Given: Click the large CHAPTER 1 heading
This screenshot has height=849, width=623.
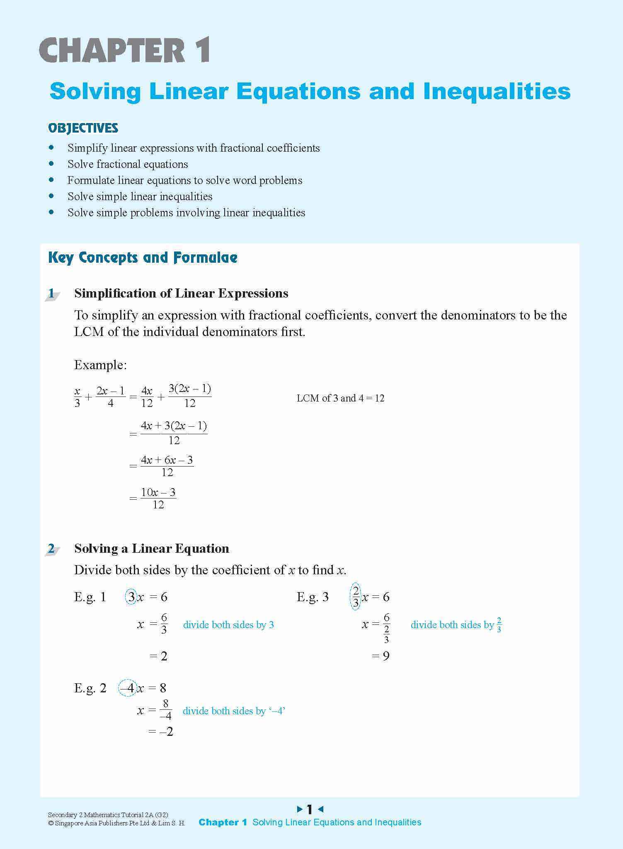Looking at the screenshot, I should pos(125,51).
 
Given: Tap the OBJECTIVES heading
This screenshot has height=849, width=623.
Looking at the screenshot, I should pos(83,128).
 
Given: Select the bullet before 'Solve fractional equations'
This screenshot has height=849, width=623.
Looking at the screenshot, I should pos(51,164).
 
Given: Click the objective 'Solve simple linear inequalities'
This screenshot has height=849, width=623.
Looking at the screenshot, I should pos(140,196).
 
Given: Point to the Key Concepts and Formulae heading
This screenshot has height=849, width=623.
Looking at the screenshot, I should pos(143,257).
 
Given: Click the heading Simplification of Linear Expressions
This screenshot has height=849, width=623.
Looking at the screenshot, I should pos(181,293).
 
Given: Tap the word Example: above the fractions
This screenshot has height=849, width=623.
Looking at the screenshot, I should pos(100,365).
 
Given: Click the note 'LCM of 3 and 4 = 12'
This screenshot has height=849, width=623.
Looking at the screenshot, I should pos(340,398).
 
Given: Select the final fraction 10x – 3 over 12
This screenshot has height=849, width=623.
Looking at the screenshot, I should pos(158,498).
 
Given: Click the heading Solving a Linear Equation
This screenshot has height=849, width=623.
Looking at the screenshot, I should pos(151,549).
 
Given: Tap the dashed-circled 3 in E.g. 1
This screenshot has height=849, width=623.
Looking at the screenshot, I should pos(131,597).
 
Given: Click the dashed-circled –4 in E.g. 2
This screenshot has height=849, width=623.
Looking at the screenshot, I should pos(128,688).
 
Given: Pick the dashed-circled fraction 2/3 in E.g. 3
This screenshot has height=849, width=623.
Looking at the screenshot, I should pos(356,597).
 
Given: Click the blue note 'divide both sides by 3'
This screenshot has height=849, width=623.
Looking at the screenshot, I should pos(228,625).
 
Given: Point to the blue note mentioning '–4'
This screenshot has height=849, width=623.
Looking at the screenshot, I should pos(234,711).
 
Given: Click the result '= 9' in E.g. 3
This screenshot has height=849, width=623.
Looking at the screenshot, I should pos(381,656).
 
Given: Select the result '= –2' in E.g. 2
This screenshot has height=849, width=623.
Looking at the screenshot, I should pos(161,732).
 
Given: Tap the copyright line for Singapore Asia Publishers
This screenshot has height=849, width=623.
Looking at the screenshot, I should pos(116,823).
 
